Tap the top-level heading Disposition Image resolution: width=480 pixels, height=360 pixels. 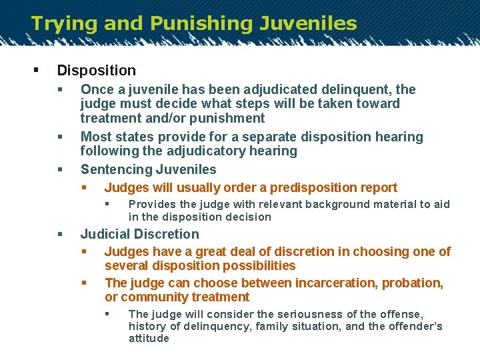coord(97,70)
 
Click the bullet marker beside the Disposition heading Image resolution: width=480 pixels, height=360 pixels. coord(35,70)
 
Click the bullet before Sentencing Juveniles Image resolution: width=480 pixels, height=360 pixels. coord(60,169)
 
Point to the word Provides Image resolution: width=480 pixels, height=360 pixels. coord(149,204)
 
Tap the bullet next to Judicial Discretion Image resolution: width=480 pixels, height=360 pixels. coord(60,234)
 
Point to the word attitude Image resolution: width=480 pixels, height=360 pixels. coord(149,338)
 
